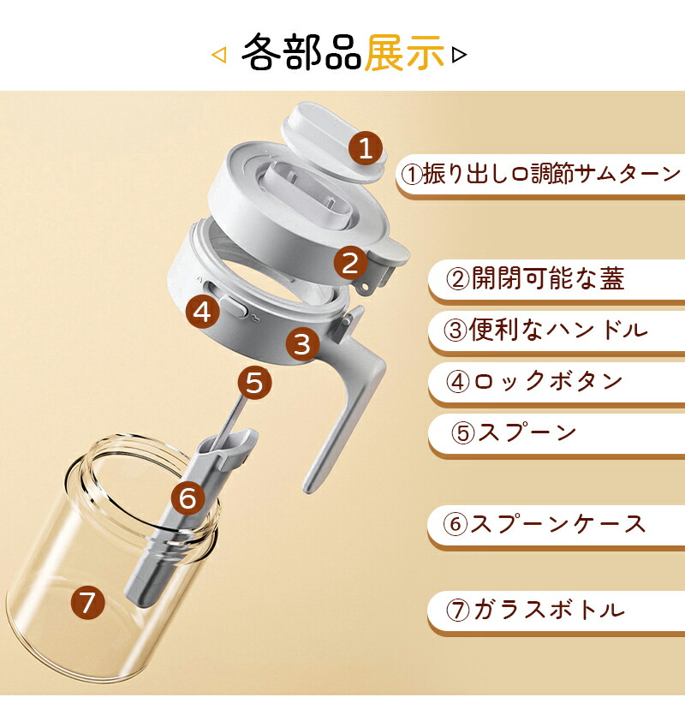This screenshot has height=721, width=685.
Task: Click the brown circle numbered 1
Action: [366, 148]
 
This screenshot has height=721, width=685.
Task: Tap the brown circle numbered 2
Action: [350, 263]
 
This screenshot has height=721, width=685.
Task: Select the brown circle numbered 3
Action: [302, 343]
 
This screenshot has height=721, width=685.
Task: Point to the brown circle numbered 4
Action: [202, 312]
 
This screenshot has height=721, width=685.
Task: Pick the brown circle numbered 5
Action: [254, 383]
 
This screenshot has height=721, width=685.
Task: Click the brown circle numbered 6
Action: [188, 498]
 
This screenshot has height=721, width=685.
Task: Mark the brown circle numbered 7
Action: [88, 602]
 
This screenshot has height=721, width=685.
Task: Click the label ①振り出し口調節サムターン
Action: [540, 175]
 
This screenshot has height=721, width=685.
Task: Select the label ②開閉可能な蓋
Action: [535, 278]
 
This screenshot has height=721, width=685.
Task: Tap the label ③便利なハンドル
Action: [545, 330]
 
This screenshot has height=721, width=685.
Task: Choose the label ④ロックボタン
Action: [534, 381]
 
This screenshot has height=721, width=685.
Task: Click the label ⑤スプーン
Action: [514, 432]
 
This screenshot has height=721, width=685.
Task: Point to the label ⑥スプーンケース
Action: [545, 523]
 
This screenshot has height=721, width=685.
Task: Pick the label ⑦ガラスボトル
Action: [535, 610]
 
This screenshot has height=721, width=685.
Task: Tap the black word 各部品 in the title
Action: [301, 52]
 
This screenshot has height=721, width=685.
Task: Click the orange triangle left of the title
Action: [219, 55]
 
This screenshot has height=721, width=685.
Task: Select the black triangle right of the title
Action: [459, 55]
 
